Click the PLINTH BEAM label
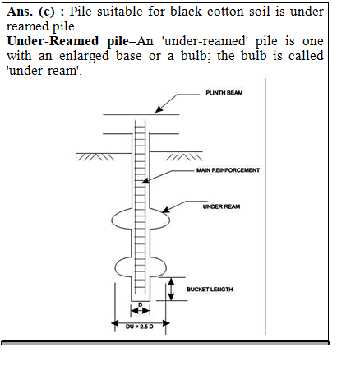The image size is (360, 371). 224,93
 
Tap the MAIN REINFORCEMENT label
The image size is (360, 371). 228,170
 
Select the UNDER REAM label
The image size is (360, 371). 221,206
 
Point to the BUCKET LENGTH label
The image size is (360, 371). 210,290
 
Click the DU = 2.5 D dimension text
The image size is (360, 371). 140,327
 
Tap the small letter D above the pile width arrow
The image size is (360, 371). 141,305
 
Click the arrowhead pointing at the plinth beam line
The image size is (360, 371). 159,109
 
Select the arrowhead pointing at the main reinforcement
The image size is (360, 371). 145,181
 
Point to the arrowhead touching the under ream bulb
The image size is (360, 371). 166,210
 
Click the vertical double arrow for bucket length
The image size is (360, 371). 171,289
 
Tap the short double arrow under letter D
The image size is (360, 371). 141,311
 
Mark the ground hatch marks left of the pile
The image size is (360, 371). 95,157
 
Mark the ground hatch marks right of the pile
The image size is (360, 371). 184,157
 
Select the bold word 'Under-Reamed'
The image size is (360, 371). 53,41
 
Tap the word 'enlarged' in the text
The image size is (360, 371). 84,56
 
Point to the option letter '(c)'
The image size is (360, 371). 47,12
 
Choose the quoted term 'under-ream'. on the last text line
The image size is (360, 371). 44,71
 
